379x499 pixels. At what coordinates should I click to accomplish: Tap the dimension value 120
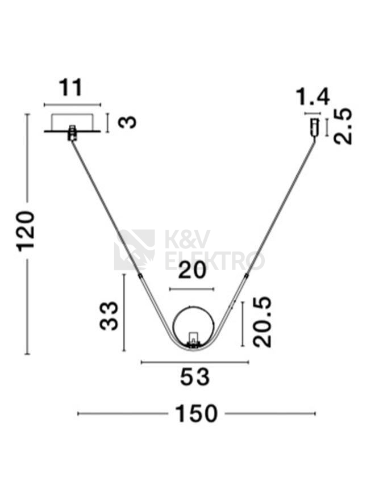click(x=26, y=231)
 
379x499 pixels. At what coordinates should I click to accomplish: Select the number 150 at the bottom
click(x=196, y=414)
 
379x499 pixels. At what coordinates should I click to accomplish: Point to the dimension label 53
click(x=195, y=377)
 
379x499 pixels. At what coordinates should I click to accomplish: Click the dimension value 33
click(x=109, y=316)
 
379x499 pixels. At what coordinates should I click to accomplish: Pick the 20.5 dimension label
click(x=262, y=322)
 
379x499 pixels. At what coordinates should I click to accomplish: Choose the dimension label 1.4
click(x=313, y=97)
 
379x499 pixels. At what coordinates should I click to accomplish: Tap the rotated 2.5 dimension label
click(x=343, y=127)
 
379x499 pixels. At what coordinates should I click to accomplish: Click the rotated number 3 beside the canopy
click(x=127, y=122)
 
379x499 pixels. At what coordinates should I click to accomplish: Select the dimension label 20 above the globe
click(x=192, y=271)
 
